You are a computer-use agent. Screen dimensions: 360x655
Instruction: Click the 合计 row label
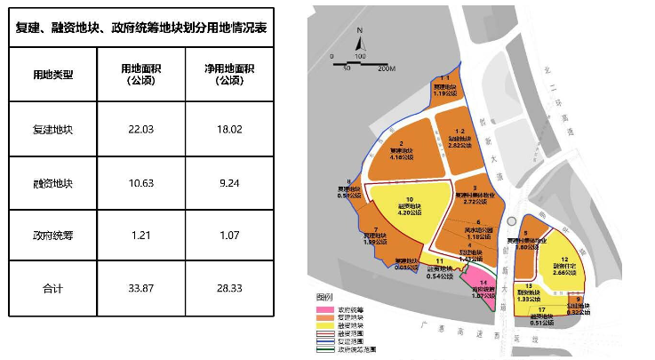[52, 289]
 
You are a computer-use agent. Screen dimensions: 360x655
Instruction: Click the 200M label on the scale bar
[385, 67]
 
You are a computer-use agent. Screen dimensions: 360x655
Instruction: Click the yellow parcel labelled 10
[410, 205]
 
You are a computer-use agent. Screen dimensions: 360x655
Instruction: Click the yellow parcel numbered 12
[564, 262]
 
